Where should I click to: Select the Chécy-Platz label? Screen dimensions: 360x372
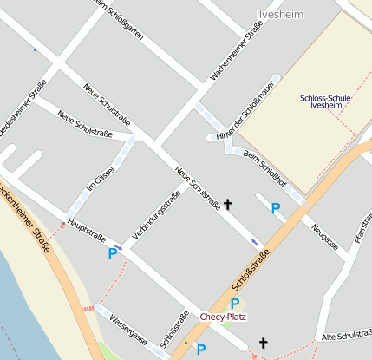[223, 317]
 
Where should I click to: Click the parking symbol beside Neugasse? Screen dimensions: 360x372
[275, 208]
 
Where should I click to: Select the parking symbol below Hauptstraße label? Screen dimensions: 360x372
[112, 253]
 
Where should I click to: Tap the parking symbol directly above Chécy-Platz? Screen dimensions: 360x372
[233, 304]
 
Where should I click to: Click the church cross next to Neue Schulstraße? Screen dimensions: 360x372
[228, 205]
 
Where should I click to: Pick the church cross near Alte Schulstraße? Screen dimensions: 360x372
[263, 344]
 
